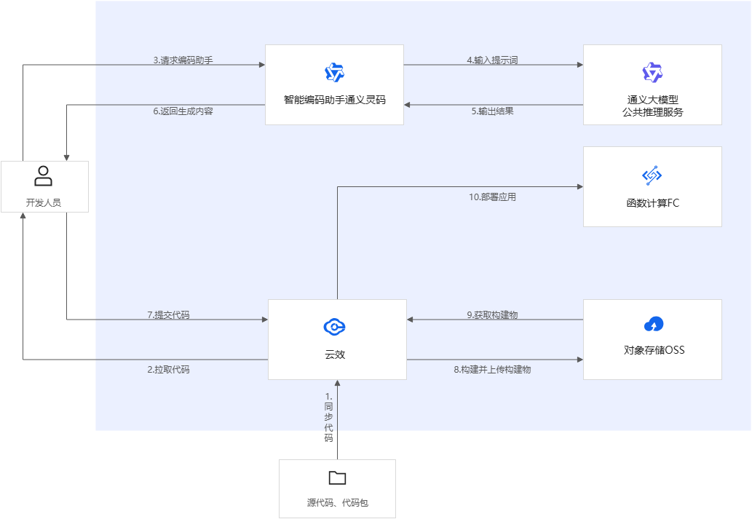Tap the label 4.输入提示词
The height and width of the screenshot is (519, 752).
(492, 60)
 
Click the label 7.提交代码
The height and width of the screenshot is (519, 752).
(173, 315)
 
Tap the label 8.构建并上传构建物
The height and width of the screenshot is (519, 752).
(492, 369)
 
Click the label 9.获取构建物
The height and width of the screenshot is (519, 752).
(492, 315)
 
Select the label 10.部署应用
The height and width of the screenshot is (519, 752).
(492, 197)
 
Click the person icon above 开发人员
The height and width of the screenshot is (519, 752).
(44, 176)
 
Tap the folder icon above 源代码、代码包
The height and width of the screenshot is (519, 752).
(337, 478)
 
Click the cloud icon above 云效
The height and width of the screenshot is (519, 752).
(336, 327)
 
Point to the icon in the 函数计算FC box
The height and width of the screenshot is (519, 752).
(652, 175)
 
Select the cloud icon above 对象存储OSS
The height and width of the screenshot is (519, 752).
(653, 324)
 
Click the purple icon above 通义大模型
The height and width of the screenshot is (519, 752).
(652, 73)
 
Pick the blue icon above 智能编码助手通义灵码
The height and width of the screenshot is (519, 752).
(334, 73)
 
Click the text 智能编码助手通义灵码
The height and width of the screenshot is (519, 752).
(334, 100)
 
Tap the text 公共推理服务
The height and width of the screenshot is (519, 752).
(653, 112)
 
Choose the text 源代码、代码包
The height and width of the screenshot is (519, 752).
(337, 503)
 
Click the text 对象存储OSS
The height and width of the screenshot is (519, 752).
(654, 350)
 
